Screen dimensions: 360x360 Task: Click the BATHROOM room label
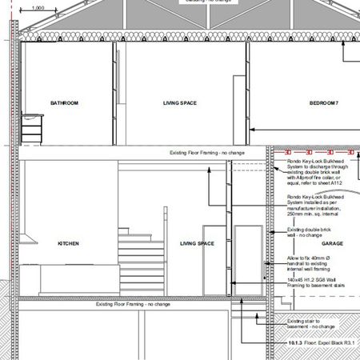[x=64, y=103]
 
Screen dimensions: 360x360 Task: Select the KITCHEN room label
[x=68, y=243]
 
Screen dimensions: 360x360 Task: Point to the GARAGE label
[x=332, y=243]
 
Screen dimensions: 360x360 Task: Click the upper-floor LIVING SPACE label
[x=180, y=103]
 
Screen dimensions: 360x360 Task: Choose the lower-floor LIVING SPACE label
[x=197, y=243]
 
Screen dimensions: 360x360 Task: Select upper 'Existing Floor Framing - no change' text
[x=207, y=152]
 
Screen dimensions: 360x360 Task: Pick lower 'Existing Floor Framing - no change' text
[x=133, y=304]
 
